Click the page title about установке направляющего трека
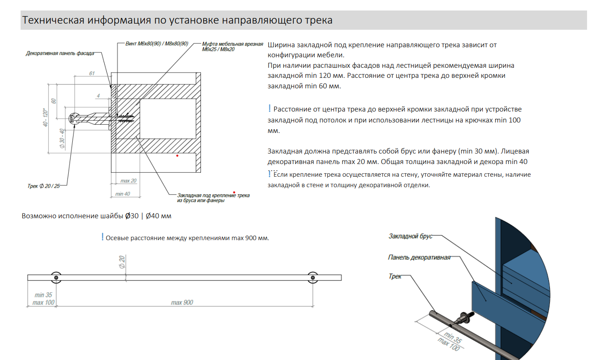pos(177,20)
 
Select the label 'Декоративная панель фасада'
pos(60,53)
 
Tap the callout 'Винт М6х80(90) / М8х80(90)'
pos(157,44)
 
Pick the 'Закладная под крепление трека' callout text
pos(213,198)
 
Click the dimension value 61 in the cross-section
pos(91,73)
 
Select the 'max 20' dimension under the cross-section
pos(128,181)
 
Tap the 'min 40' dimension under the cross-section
pos(122,194)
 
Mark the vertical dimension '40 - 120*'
pos(45,117)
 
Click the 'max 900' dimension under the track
pos(182,302)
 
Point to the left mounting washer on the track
pos(56,277)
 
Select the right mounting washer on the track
pos(313,277)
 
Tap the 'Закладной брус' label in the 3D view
pos(410,236)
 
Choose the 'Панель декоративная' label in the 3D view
pos(419,257)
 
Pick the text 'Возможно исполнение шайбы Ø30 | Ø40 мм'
pos(96,216)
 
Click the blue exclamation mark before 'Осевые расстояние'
pos(102,237)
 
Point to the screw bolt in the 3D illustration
pos(464,317)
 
